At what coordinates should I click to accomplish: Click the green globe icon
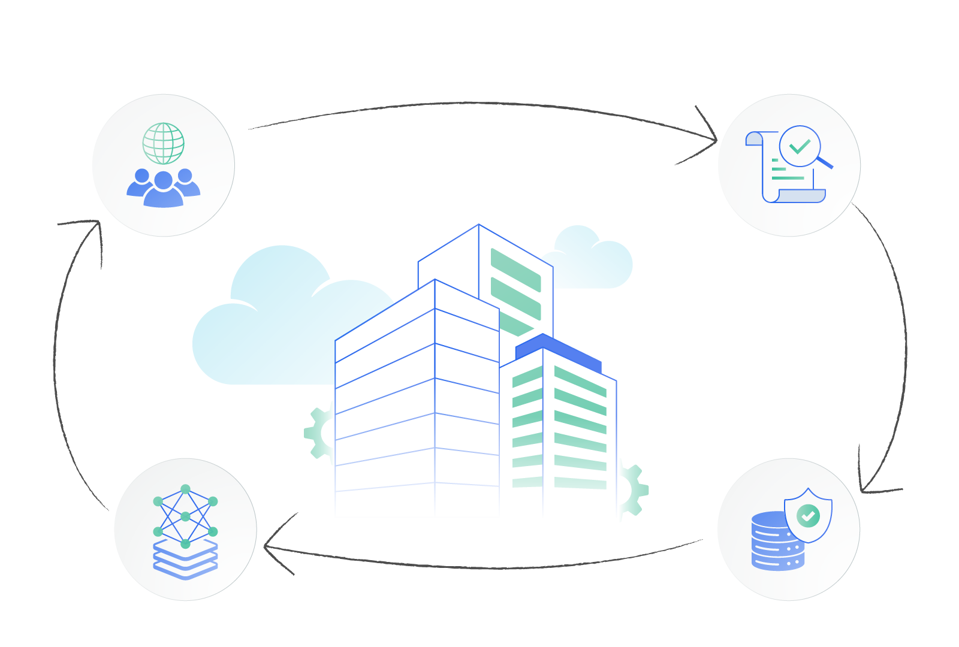(x=163, y=143)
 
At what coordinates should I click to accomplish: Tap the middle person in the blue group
(x=163, y=190)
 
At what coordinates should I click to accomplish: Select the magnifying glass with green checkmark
(x=800, y=146)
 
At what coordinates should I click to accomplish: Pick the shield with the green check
(x=808, y=515)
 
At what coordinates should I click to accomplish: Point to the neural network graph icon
(x=185, y=515)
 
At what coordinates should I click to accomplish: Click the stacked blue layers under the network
(x=185, y=560)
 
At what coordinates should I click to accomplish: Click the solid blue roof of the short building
(x=557, y=350)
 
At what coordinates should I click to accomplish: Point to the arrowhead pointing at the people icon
(x=96, y=225)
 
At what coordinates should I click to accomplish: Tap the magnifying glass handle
(x=825, y=162)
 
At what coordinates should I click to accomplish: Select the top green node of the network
(x=185, y=489)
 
